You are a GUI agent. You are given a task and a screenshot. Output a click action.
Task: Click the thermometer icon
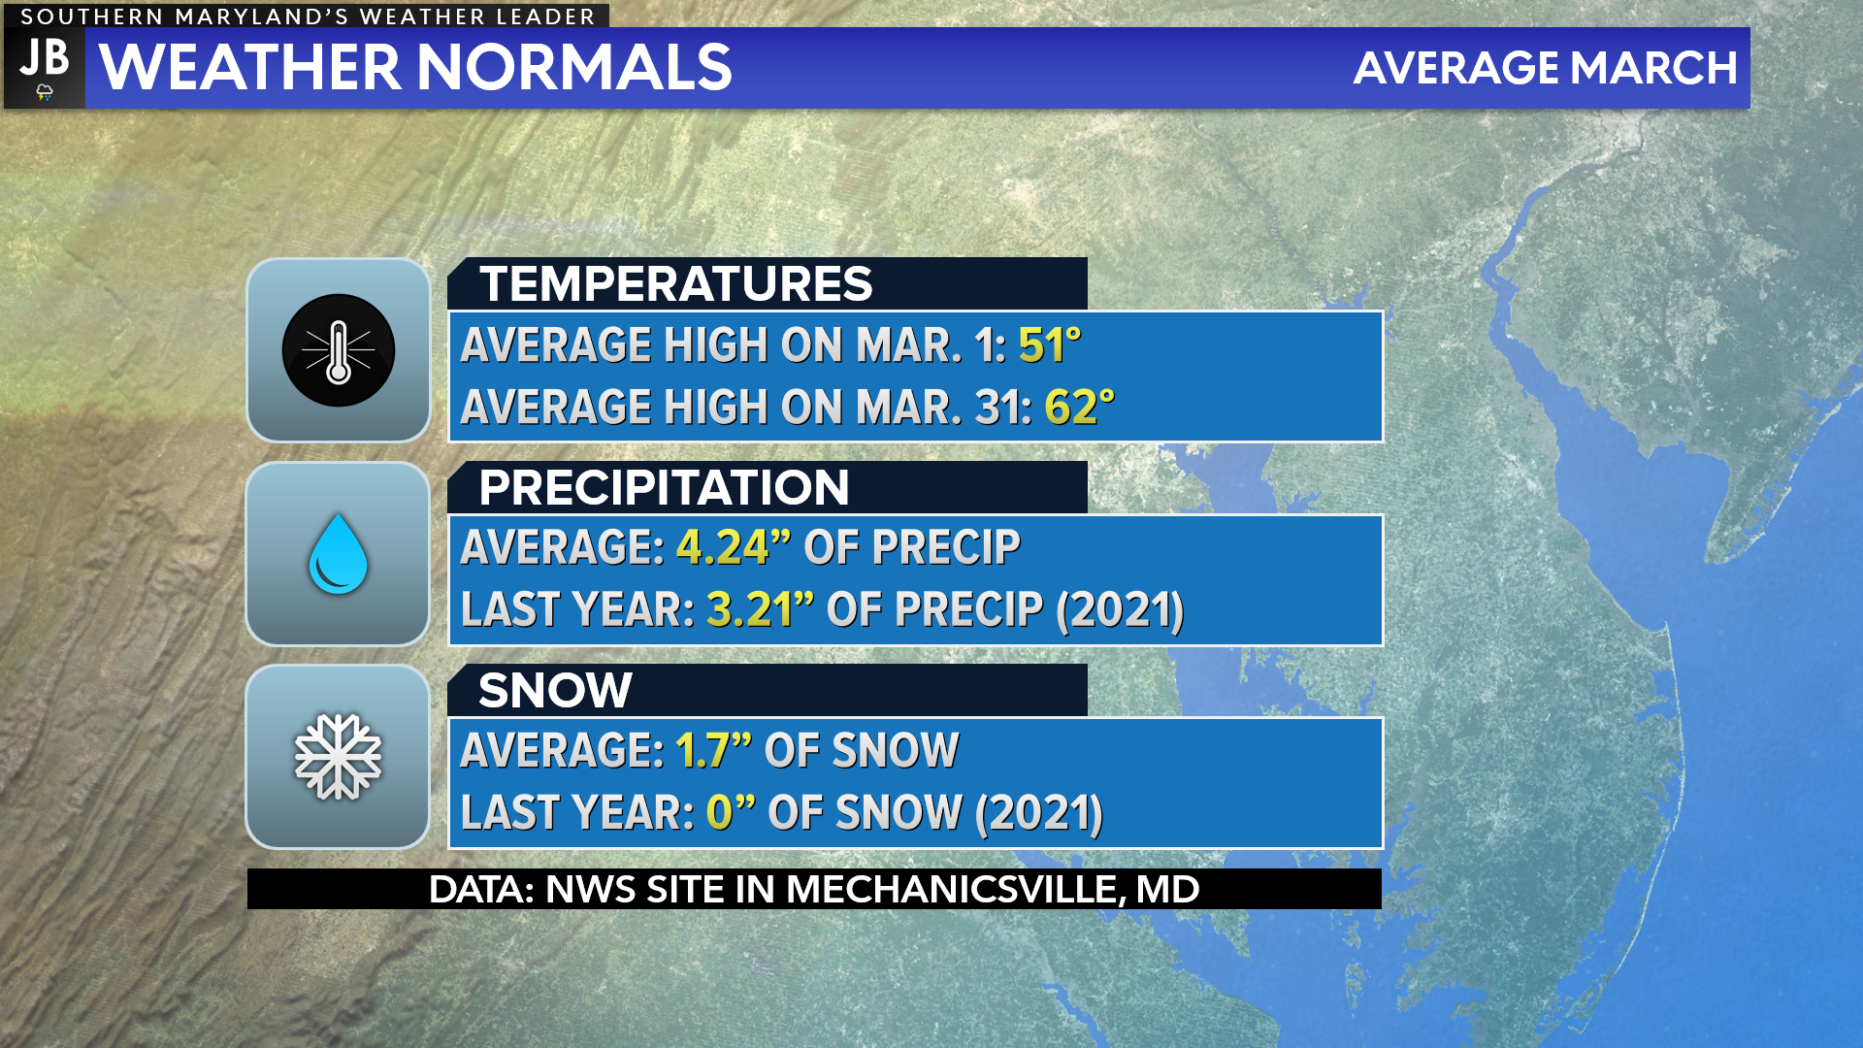(339, 350)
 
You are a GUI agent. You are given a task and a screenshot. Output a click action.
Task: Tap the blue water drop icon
(338, 554)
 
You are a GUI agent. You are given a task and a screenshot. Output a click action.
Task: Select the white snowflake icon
(338, 757)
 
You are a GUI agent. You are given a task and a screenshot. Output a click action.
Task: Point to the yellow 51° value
(1049, 345)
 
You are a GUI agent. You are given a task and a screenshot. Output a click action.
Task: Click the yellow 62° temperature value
(1079, 407)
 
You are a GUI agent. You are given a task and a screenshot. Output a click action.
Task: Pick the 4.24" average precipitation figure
(721, 547)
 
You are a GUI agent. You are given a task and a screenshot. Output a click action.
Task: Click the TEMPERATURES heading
(676, 283)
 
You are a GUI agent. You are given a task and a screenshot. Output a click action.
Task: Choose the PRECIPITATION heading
(664, 487)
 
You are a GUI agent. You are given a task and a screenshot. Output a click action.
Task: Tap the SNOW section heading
(555, 690)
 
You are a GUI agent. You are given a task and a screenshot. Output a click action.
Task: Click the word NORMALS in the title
(574, 68)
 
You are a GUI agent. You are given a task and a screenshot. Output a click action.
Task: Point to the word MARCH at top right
(1653, 68)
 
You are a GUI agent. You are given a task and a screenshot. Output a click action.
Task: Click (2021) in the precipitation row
(1120, 610)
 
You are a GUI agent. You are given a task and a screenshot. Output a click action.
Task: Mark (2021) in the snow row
(1039, 813)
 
